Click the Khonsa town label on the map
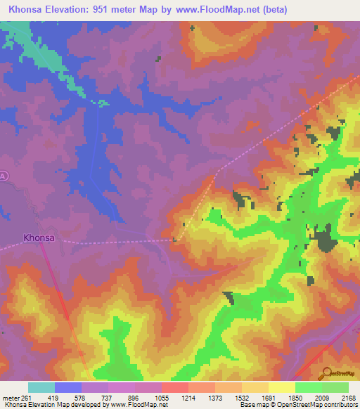(x=39, y=238)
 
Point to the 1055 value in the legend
(x=162, y=397)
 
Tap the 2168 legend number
(x=348, y=397)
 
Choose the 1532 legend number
(x=243, y=397)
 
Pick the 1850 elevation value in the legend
(x=295, y=397)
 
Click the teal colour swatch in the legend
(x=41, y=387)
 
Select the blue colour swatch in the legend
(x=68, y=387)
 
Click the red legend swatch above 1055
(x=174, y=387)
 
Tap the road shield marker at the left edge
(x=3, y=177)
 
